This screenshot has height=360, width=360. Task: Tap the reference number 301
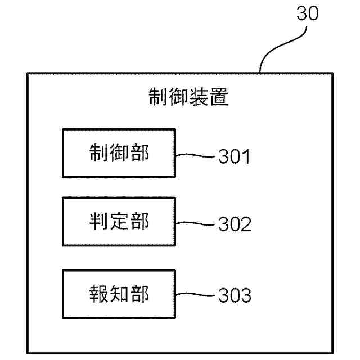coord(234,156)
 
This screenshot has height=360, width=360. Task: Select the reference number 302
coord(234,224)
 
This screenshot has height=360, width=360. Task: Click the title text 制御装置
coord(188,97)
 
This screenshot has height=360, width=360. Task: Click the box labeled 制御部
coord(119,153)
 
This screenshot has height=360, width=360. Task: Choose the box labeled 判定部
coord(119,222)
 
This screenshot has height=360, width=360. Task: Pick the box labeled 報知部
coord(119,294)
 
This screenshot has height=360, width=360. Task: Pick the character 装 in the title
coord(198,97)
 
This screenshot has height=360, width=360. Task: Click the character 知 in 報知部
coord(119,294)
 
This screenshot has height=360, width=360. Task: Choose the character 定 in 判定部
coord(119,222)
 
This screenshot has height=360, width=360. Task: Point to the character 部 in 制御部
coord(139,153)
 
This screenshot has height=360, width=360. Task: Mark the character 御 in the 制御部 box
coord(119,153)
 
